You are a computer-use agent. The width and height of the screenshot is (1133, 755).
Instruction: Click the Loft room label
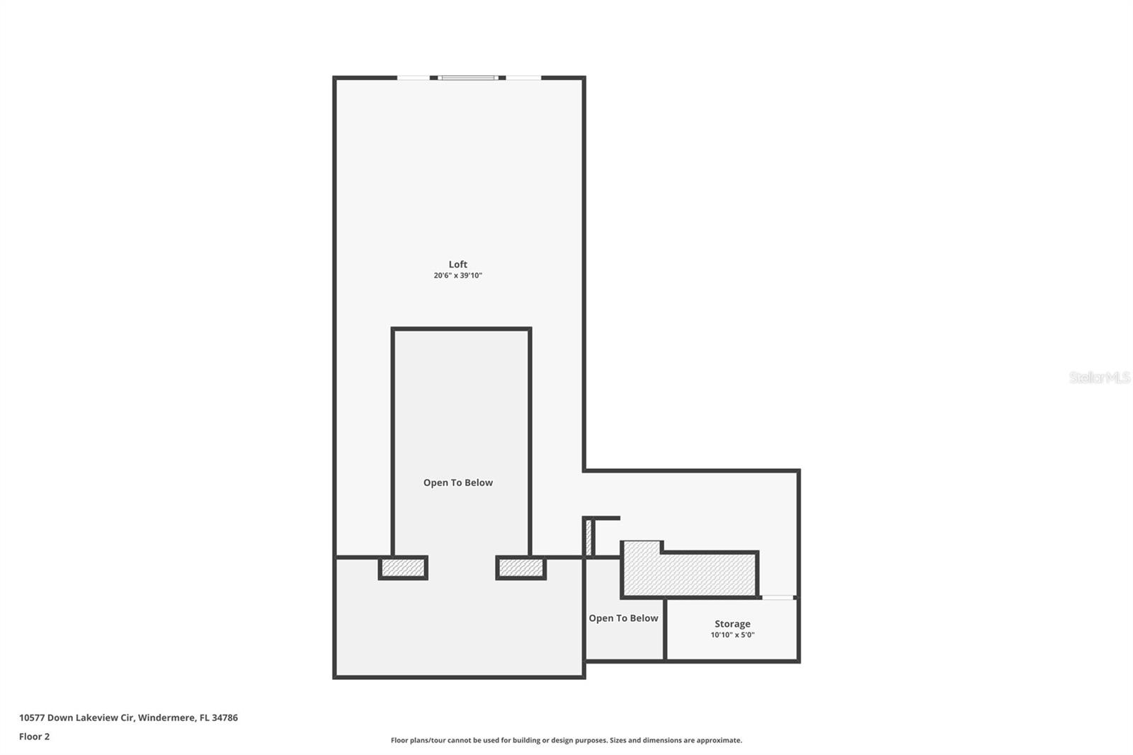point(457,264)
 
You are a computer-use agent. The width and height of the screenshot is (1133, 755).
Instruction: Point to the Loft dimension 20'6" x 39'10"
point(457,276)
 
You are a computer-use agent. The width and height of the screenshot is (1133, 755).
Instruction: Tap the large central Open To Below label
point(457,483)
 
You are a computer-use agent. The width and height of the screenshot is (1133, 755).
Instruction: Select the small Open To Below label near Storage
point(623,618)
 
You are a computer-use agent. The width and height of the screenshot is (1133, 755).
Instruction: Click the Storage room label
point(732,624)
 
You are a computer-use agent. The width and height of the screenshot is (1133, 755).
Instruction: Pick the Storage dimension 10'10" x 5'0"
point(732,635)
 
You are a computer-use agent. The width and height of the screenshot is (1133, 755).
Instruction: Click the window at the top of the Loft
point(467,78)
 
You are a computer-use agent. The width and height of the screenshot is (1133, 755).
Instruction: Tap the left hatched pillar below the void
point(403,568)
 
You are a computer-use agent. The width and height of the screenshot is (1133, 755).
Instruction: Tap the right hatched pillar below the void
point(520,568)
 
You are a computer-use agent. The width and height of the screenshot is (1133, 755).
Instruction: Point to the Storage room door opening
point(778,598)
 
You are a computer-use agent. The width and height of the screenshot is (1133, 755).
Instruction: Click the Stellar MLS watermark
point(1099,377)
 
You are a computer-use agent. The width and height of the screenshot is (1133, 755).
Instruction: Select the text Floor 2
point(34,737)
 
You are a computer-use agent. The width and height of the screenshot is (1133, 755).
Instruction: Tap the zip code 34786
point(225,717)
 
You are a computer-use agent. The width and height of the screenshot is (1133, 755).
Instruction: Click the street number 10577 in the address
point(32,717)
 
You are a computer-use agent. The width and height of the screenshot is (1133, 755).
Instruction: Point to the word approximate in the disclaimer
point(718,740)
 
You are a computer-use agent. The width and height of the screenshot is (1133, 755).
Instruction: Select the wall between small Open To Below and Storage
point(665,629)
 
